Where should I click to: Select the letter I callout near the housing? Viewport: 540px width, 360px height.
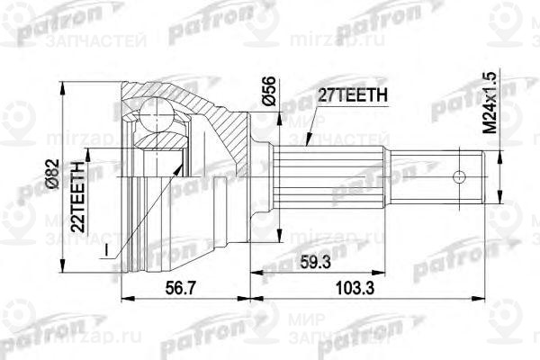tap(106, 247)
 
